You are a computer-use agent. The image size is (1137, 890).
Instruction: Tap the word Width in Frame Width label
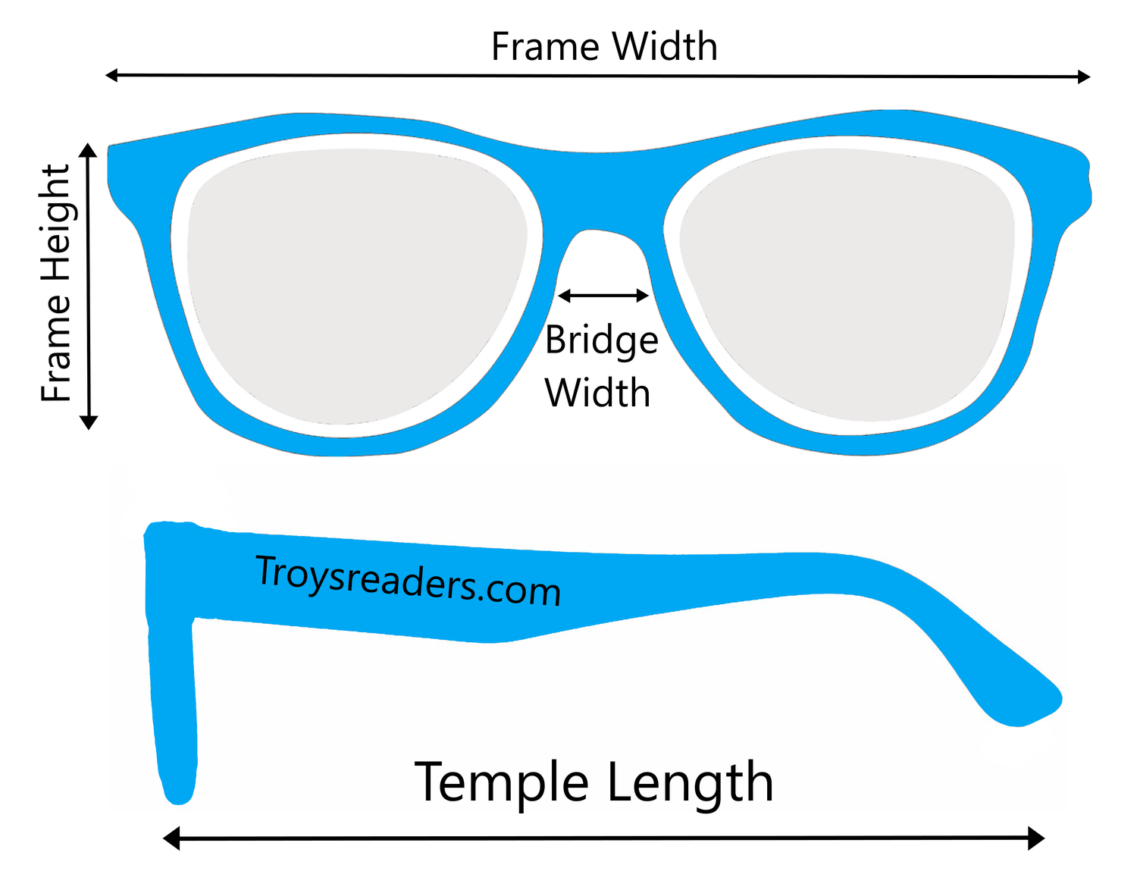665,47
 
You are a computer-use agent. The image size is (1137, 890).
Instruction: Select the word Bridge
601,340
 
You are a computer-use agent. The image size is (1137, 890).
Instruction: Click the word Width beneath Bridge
597,393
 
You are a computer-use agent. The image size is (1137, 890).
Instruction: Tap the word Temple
501,782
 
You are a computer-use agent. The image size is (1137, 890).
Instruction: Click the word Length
690,782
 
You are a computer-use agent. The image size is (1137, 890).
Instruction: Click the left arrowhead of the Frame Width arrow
111,74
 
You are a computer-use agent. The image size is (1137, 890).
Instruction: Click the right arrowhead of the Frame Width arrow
1084,76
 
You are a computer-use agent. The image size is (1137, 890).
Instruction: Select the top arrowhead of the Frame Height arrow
89,149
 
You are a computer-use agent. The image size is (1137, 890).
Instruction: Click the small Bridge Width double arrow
603,295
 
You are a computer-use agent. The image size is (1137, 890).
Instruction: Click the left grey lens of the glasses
356,288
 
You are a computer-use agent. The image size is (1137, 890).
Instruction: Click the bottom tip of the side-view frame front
179,792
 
